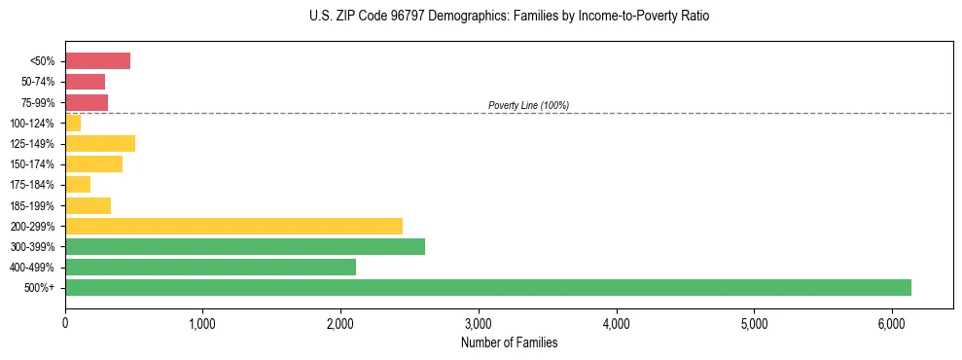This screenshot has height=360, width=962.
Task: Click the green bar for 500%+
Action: tap(487, 287)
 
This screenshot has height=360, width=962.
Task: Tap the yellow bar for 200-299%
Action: tap(233, 226)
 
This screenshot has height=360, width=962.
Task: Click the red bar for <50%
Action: tap(97, 61)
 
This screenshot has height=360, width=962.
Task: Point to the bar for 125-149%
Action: tap(100, 144)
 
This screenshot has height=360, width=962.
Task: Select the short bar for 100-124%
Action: tap(73, 124)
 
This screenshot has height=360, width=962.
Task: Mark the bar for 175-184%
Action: tap(78, 185)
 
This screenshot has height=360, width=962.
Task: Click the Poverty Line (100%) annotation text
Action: tap(528, 105)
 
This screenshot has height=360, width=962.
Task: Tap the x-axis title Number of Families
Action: tap(509, 342)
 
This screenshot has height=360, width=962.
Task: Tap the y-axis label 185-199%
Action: tap(33, 206)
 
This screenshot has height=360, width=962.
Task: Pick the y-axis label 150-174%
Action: tap(33, 164)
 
